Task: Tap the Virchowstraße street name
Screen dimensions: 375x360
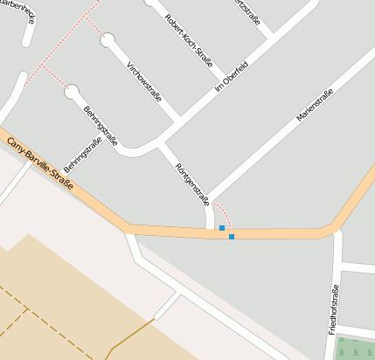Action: click(144, 81)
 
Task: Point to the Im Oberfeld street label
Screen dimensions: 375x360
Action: click(232, 78)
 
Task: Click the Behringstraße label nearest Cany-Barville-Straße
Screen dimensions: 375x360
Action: click(82, 156)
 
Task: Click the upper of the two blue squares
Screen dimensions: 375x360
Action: click(222, 228)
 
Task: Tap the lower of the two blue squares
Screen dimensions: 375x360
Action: click(232, 237)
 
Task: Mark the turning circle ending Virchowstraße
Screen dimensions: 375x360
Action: click(108, 40)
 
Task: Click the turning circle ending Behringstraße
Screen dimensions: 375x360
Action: click(72, 90)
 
